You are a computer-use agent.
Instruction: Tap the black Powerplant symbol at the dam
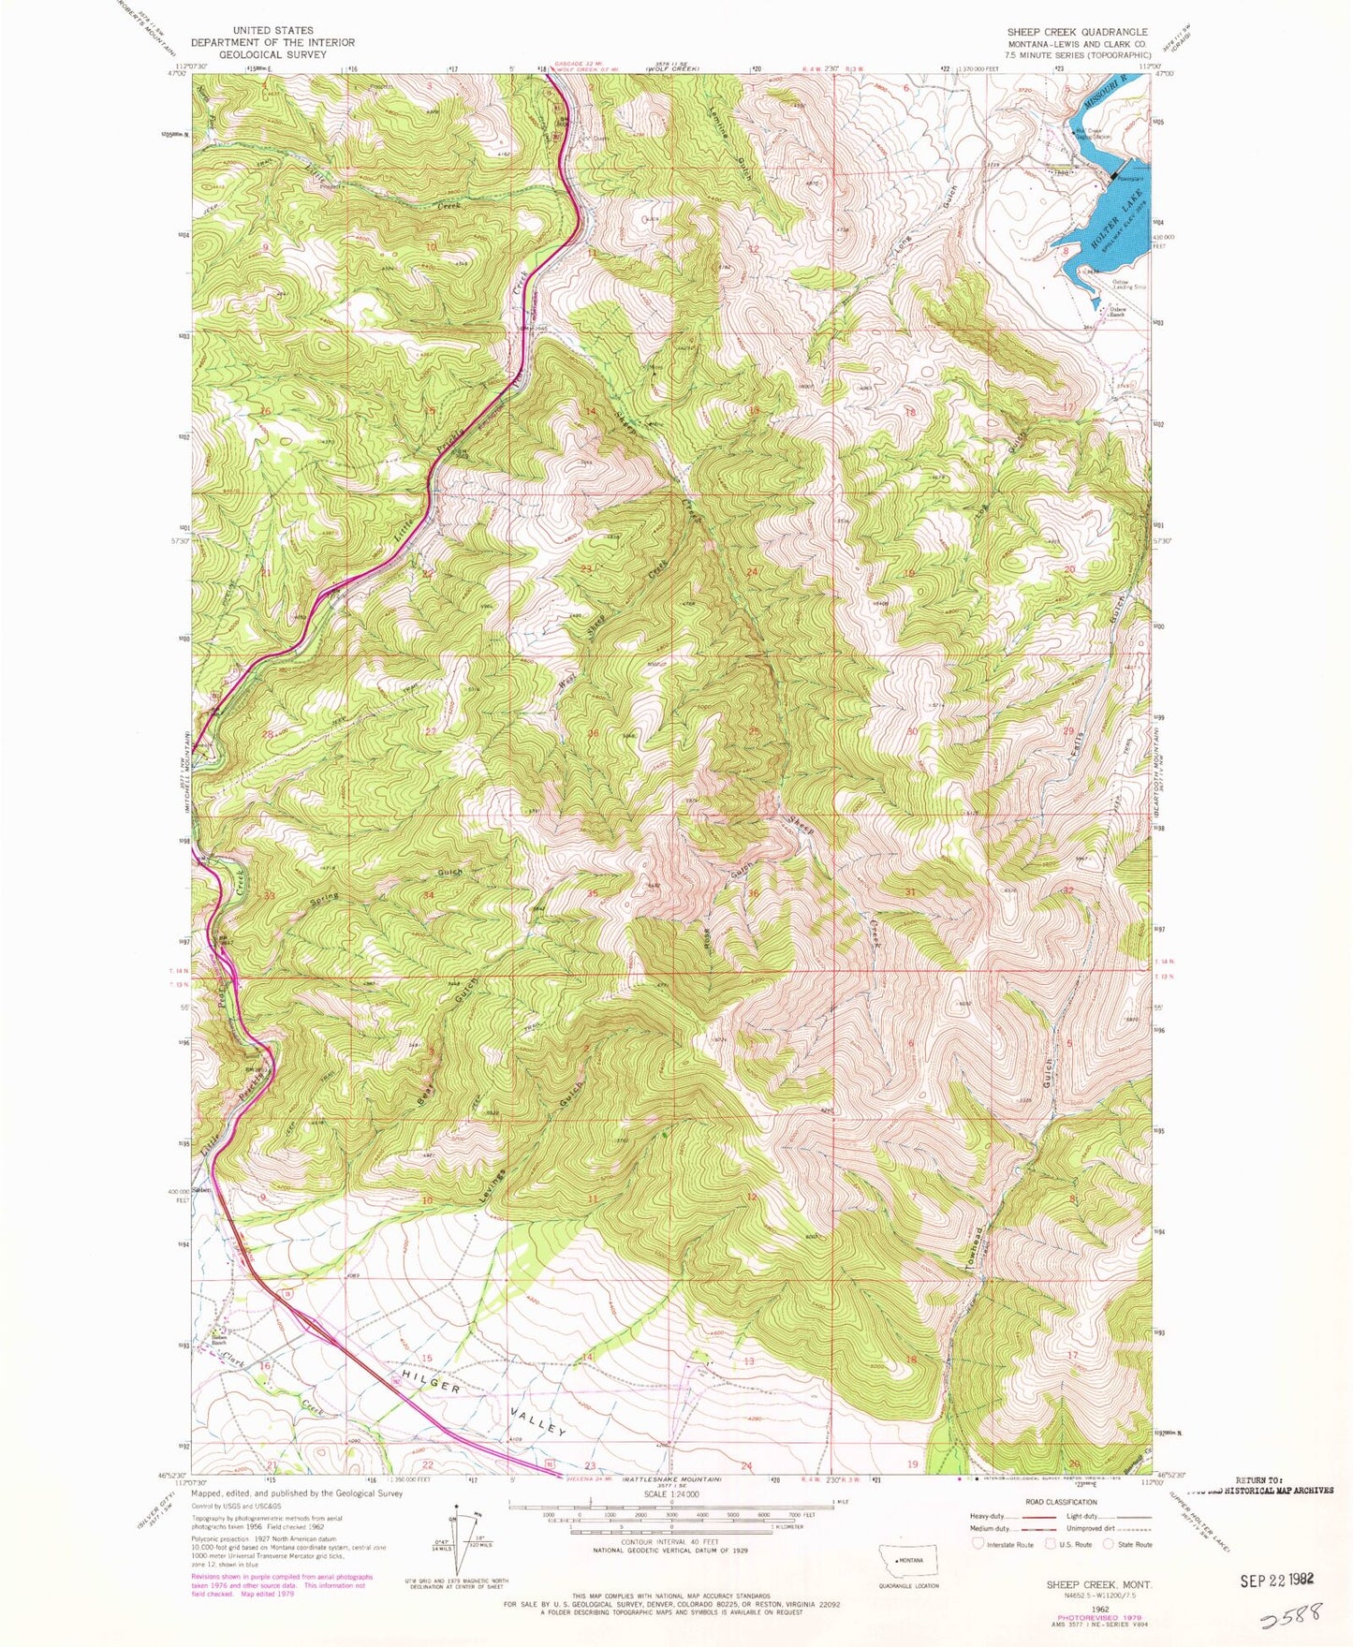(1112, 176)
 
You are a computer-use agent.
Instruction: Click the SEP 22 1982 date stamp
(1277, 1579)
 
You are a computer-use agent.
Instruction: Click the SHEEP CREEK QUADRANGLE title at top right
(1077, 32)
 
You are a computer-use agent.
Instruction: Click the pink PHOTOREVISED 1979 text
(1086, 1617)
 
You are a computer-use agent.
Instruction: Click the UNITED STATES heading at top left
(272, 31)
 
